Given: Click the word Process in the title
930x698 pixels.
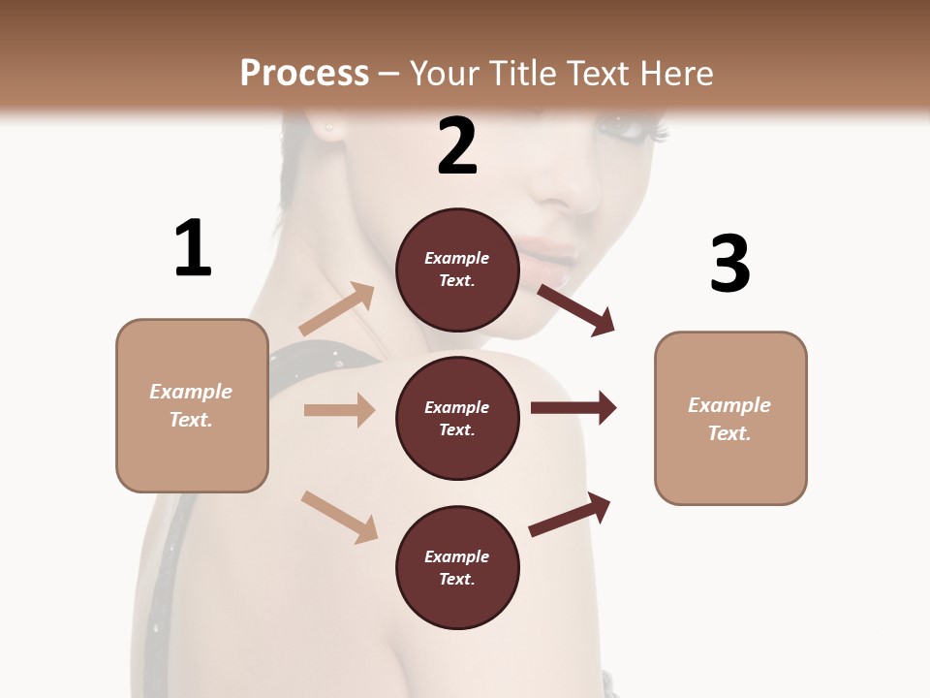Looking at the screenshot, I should click(x=304, y=74).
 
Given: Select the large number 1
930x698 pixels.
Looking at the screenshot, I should click(x=193, y=249).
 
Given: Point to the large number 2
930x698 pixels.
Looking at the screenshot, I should click(x=457, y=146).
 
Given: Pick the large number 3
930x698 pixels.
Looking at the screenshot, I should click(x=729, y=264).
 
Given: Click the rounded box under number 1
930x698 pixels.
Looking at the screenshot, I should click(x=192, y=405).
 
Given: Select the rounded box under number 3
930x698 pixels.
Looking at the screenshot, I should click(x=730, y=419).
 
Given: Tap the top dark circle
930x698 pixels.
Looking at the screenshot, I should click(x=457, y=270).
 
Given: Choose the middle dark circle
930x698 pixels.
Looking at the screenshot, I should click(x=457, y=419).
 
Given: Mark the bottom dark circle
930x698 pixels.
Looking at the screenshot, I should click(x=457, y=568).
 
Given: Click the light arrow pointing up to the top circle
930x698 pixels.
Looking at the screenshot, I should click(x=337, y=309).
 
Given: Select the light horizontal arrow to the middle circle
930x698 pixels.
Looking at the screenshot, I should click(x=339, y=410).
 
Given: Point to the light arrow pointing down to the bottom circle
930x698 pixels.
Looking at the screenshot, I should click(x=340, y=516).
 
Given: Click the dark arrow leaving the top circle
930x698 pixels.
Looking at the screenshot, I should click(x=576, y=309).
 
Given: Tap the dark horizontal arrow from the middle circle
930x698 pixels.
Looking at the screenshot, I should click(x=573, y=408).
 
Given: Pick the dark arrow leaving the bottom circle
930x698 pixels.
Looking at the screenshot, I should click(x=570, y=514).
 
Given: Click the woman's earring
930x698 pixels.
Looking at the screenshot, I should click(x=329, y=127).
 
